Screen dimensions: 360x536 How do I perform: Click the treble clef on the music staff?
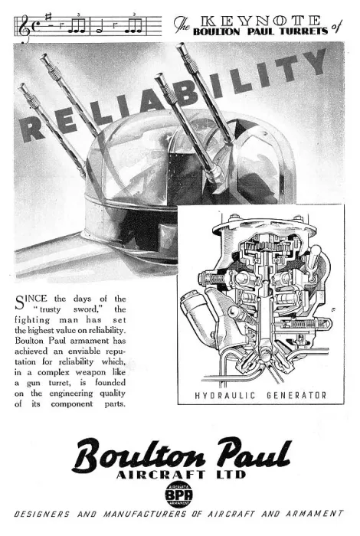23,28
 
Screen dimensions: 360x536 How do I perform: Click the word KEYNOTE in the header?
260,21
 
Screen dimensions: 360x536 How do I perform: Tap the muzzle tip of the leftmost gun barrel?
23,86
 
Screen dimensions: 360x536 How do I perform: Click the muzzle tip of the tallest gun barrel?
181,46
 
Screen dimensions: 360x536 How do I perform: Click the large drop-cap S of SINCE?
20,302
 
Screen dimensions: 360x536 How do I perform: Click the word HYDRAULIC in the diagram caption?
225,396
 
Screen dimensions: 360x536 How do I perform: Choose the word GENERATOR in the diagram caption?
296,396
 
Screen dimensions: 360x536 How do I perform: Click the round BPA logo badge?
178,495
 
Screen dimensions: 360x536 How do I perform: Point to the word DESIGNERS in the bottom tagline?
41,514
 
